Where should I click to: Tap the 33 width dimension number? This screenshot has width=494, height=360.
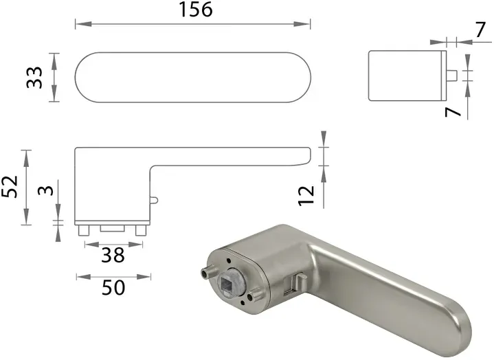click(34, 77)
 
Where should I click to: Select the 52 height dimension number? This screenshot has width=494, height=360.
click(10, 186)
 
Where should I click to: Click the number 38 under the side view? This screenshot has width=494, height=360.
click(113, 255)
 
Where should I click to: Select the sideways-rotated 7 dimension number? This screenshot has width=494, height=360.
click(452, 110)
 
